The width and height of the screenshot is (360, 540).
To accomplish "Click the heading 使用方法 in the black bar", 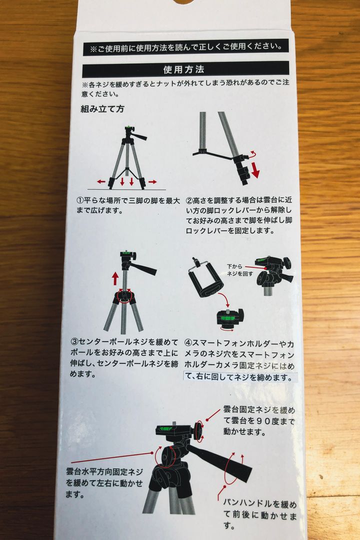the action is [x=183, y=70].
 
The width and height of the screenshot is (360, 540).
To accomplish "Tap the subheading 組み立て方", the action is [x=102, y=109].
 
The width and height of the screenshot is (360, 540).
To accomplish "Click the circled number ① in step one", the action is [x=80, y=200].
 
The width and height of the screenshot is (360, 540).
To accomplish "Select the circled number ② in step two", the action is [x=189, y=200].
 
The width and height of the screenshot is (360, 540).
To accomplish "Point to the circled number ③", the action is [x=74, y=342].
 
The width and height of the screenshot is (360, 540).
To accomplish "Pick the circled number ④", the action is [x=188, y=343].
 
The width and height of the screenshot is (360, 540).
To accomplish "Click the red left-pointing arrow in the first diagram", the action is [x=101, y=181].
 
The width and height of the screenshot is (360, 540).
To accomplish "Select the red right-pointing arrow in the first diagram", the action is [x=152, y=181].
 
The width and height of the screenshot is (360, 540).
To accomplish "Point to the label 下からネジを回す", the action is [x=240, y=270].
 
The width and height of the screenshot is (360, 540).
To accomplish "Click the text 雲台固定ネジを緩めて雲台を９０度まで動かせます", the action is [x=259, y=420].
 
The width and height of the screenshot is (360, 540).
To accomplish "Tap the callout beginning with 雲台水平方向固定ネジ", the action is [x=104, y=483].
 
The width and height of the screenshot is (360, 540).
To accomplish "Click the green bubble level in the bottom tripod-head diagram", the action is [x=164, y=429].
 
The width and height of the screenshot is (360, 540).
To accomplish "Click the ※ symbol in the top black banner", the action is [x=93, y=49].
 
